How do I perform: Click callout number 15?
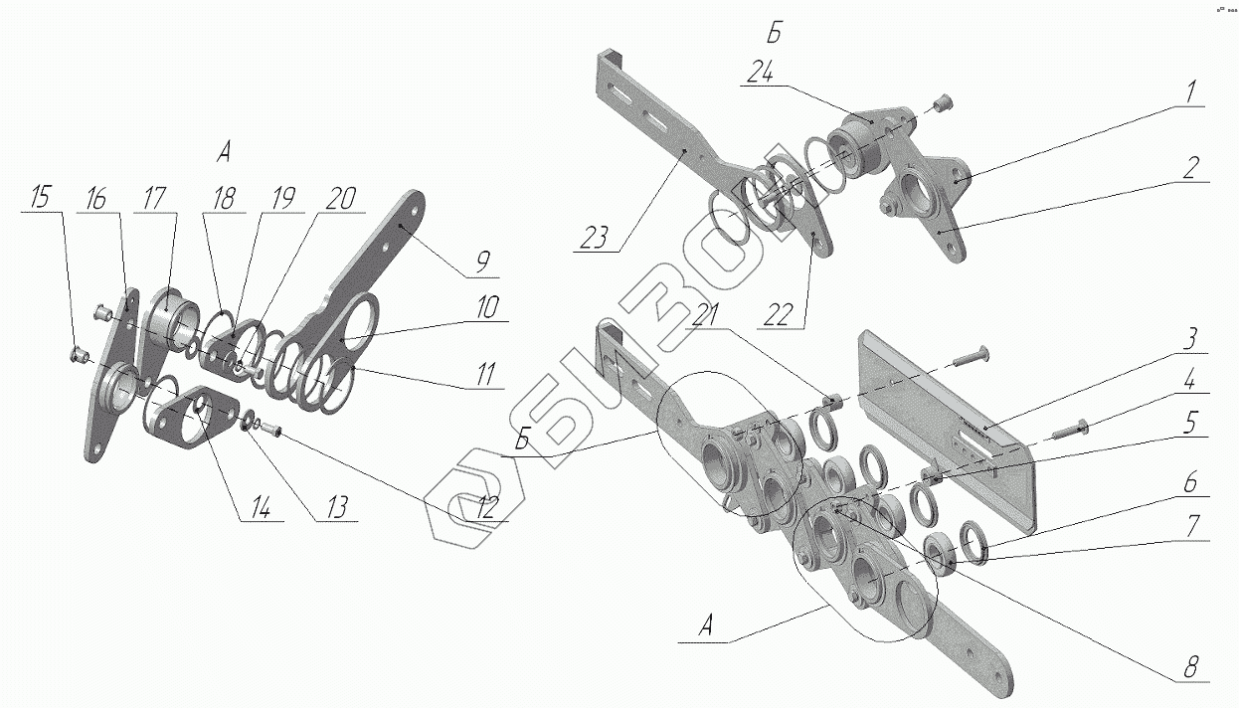[x=40, y=197]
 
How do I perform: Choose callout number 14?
[x=260, y=507]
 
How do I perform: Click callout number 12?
[x=485, y=507]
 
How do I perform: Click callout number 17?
[x=153, y=197]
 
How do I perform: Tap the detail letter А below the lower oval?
[x=706, y=626]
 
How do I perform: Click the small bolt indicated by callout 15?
[x=79, y=354]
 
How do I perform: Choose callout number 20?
[x=339, y=197]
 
